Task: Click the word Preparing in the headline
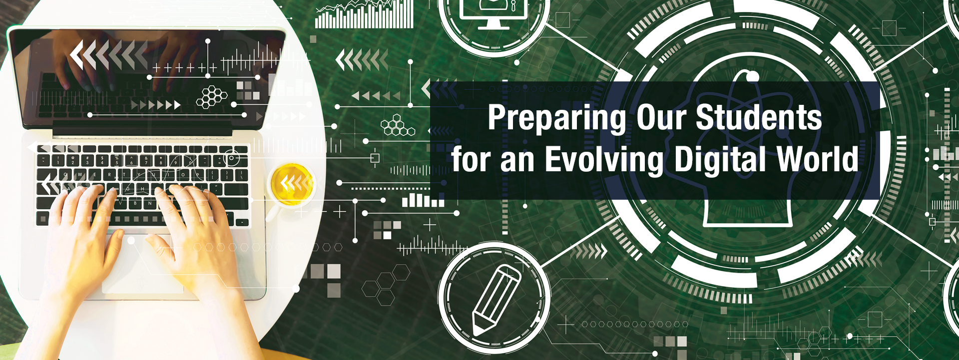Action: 557,118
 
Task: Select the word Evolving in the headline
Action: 604,160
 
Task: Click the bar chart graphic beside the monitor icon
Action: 364,14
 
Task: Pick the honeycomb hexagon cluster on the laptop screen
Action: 211,97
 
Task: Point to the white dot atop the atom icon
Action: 752,76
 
